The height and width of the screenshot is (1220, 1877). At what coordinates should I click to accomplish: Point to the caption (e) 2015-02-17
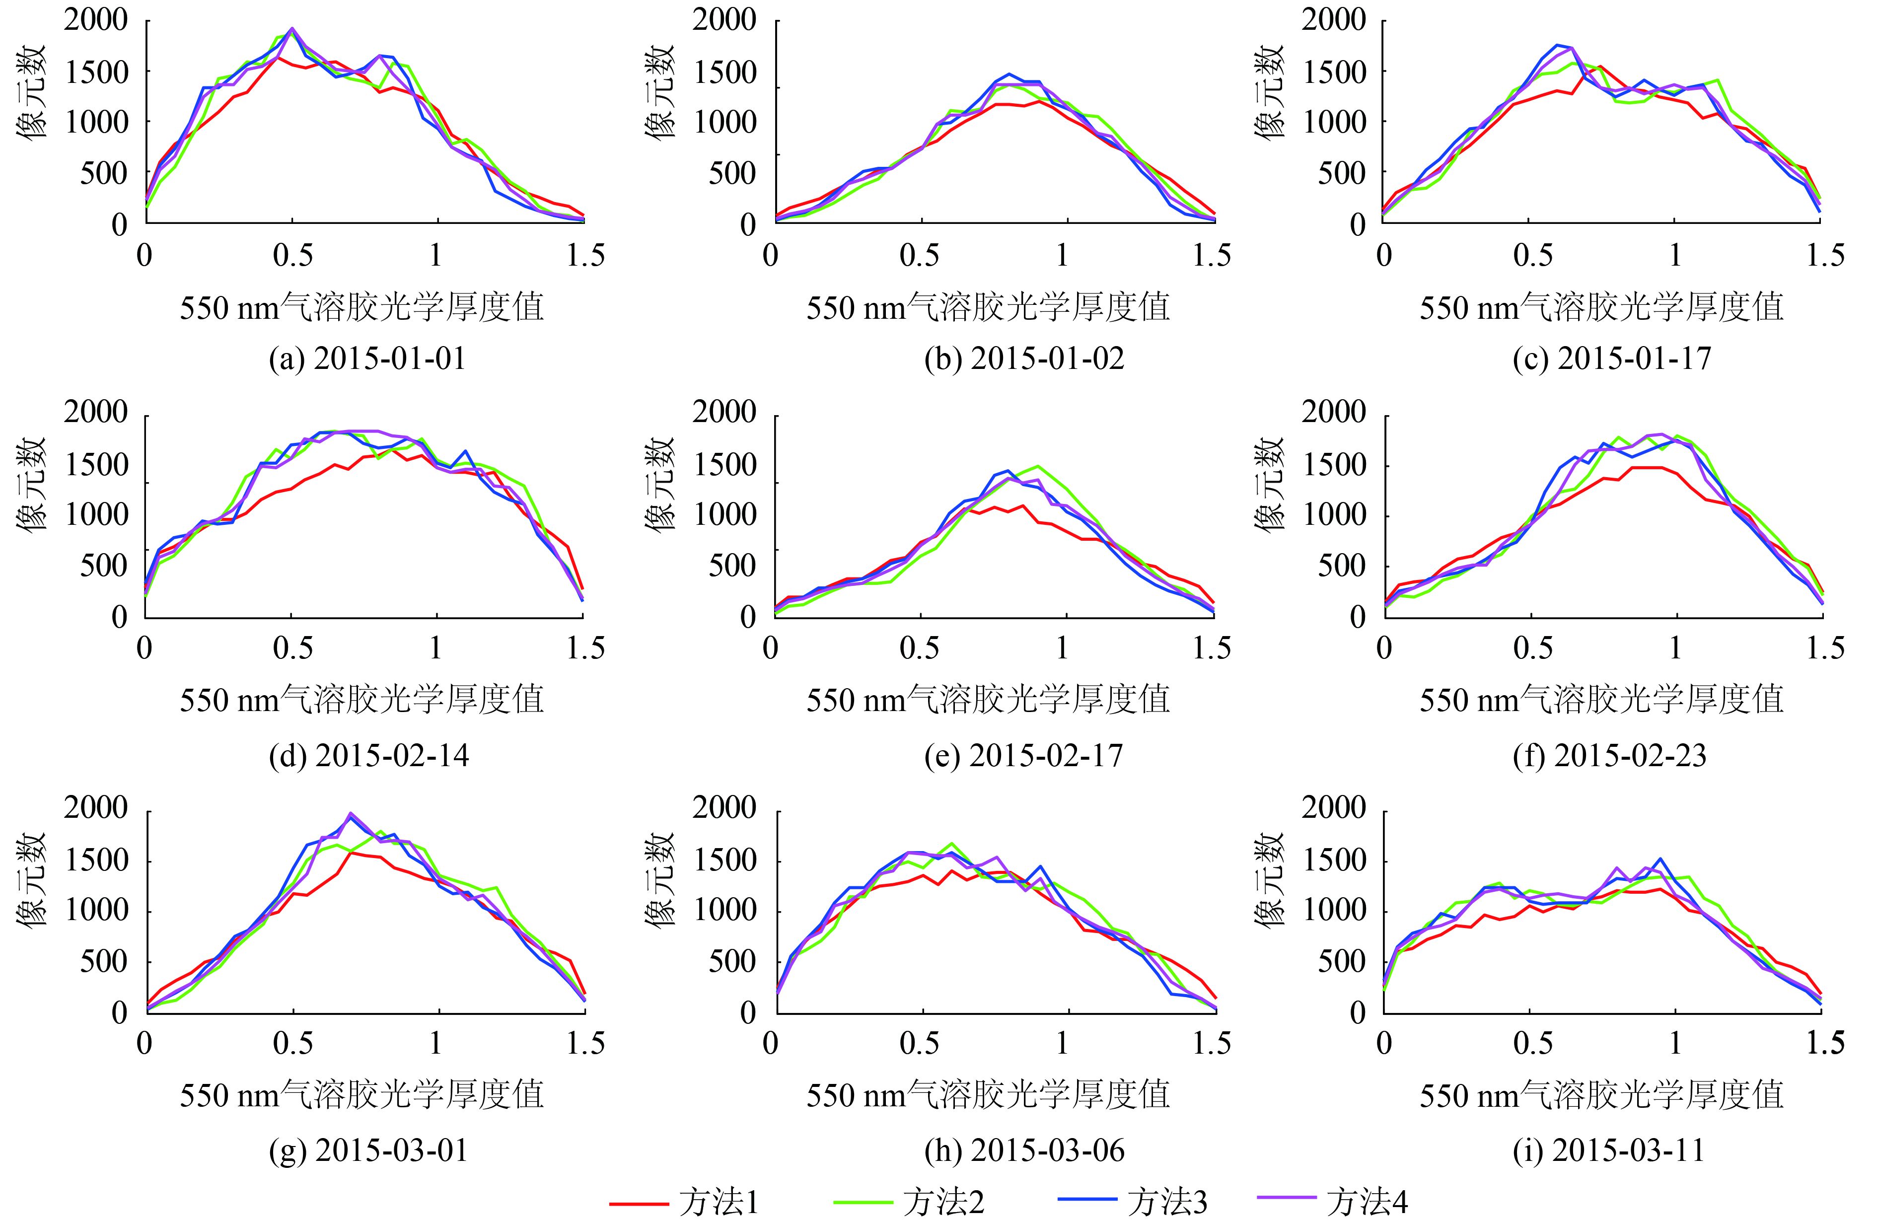[x=1024, y=756]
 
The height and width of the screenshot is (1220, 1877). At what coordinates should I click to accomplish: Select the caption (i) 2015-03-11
[x=1609, y=1150]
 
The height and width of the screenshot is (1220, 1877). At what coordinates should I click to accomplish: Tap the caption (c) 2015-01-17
[x=1612, y=359]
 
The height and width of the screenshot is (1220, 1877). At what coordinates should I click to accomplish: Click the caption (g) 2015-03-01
[x=368, y=1150]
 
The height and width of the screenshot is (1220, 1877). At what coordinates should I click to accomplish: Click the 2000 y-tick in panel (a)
[x=95, y=20]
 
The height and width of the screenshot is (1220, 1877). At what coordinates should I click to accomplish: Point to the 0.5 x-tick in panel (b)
[x=920, y=256]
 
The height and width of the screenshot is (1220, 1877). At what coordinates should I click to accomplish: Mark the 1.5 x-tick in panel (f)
[x=1822, y=648]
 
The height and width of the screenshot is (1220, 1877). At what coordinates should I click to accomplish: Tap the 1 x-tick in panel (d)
[x=436, y=648]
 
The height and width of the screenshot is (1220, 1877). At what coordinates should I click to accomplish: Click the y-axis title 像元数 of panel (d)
[x=33, y=486]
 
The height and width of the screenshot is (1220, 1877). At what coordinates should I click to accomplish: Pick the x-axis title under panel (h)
[x=987, y=1094]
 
